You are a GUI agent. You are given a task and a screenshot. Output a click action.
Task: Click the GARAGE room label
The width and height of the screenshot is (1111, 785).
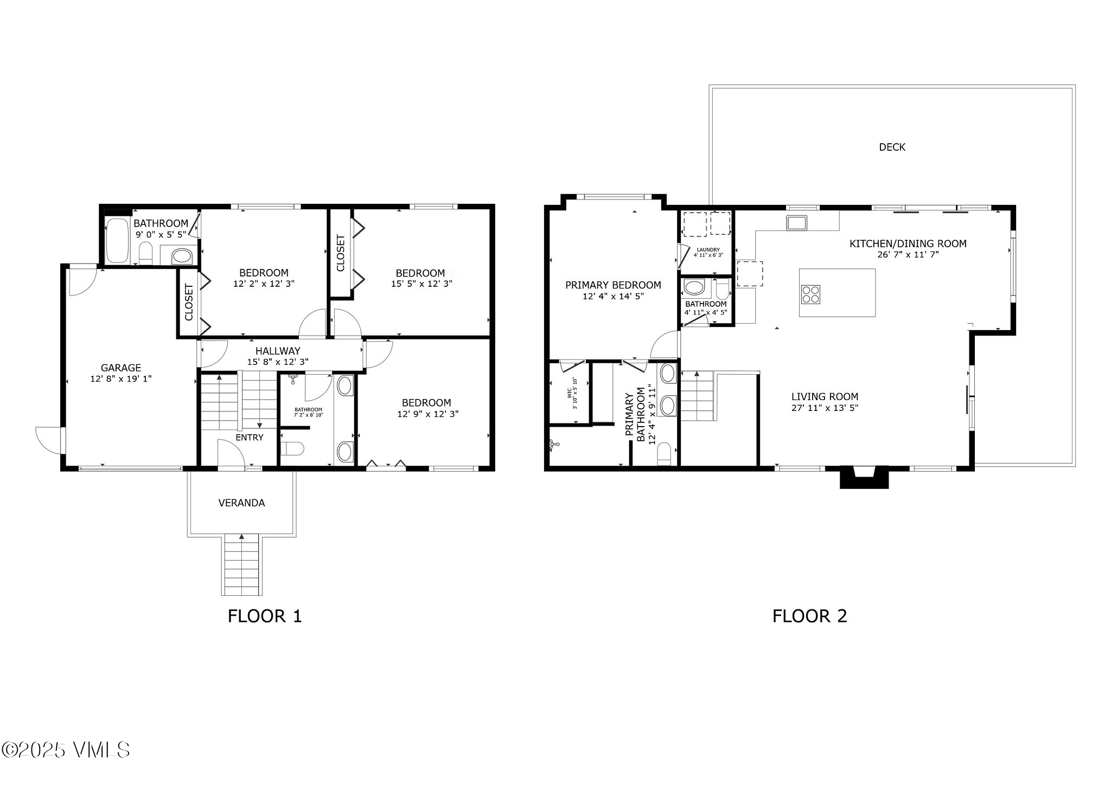(121, 368)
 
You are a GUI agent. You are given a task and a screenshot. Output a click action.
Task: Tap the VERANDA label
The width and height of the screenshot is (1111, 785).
(242, 503)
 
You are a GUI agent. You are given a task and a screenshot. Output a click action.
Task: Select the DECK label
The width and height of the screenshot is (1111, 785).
(892, 147)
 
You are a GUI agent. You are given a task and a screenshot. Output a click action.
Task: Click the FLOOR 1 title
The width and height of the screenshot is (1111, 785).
(265, 616)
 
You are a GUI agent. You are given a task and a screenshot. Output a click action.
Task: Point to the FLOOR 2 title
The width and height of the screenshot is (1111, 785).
(810, 616)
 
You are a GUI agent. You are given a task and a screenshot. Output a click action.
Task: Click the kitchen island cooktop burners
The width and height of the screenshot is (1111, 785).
(811, 294)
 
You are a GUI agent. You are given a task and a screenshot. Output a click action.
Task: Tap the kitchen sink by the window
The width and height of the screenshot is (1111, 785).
(797, 223)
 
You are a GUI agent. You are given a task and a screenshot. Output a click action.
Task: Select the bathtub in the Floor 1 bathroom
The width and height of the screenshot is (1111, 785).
(117, 240)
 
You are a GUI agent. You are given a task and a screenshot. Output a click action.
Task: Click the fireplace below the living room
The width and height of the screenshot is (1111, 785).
(864, 477)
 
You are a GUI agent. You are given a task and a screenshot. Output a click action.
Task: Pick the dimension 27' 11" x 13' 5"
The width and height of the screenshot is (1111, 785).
(825, 408)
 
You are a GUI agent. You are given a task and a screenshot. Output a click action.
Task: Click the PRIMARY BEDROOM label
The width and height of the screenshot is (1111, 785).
(613, 285)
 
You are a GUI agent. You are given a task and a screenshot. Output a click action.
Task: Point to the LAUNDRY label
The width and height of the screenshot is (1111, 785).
(708, 250)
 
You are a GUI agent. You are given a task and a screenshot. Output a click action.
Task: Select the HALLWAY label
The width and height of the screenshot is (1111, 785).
(278, 351)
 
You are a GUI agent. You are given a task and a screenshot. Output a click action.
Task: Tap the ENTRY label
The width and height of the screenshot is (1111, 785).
(250, 437)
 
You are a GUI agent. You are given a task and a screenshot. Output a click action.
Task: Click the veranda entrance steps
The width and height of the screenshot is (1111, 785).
(241, 564)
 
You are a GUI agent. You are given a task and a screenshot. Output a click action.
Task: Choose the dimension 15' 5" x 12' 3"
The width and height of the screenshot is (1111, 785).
(422, 284)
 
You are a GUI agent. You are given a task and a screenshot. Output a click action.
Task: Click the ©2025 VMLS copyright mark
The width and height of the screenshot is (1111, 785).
(66, 750)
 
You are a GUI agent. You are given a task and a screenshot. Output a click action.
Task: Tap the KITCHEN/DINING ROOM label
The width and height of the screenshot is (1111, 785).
(908, 244)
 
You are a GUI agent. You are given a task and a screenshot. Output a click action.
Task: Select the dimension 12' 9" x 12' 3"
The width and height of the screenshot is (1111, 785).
(428, 414)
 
